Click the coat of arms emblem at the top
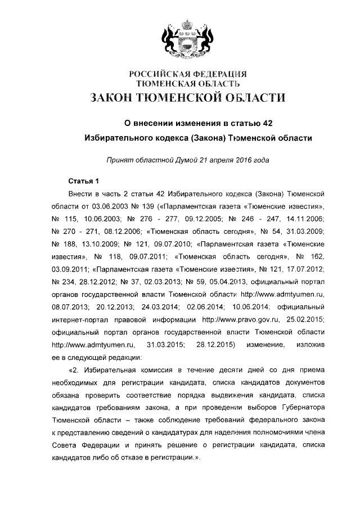[188, 38]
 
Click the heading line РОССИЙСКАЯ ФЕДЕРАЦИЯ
[188, 74]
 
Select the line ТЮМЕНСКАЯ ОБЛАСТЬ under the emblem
[188, 84]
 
